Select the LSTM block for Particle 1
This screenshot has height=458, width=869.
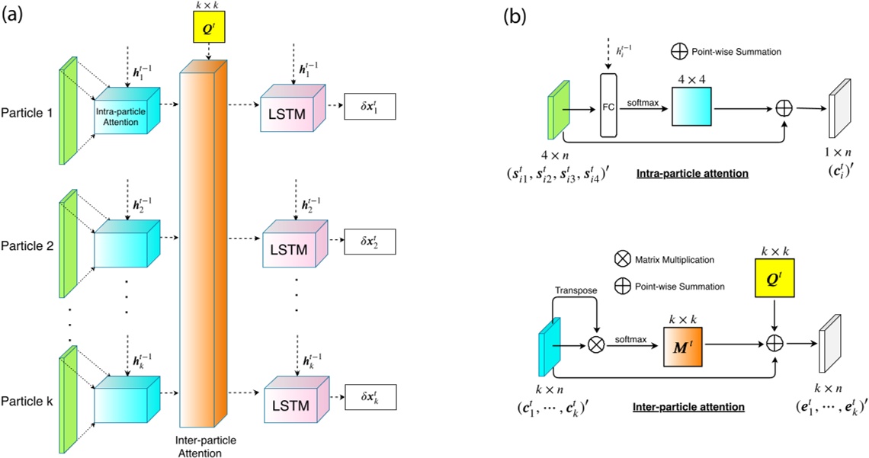[293, 114]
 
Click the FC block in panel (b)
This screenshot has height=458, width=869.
[608, 104]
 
